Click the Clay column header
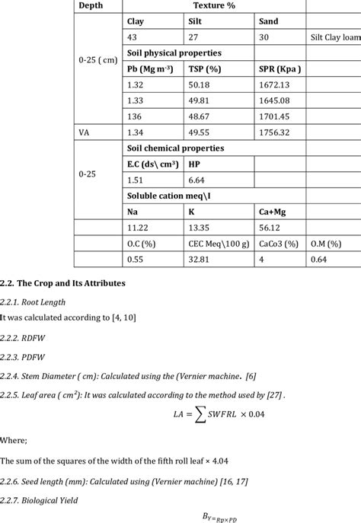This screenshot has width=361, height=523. [x=135, y=21]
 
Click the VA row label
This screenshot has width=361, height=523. [x=85, y=132]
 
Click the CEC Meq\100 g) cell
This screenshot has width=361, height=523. [x=219, y=244]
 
